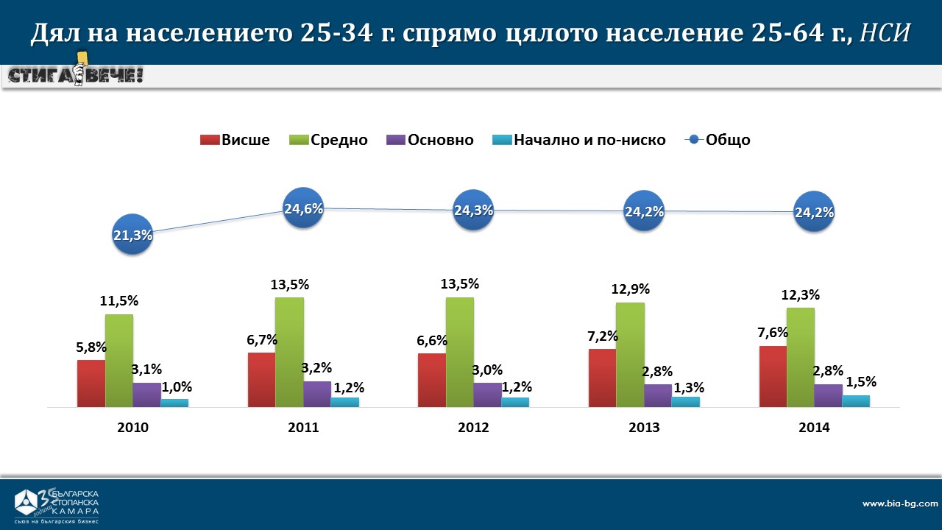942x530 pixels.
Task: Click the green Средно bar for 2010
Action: click(x=119, y=361)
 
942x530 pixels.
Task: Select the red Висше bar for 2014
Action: click(x=773, y=376)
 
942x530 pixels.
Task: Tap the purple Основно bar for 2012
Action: click(x=487, y=395)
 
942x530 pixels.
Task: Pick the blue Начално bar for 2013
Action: click(x=686, y=402)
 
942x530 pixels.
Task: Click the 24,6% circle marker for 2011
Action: click(x=304, y=208)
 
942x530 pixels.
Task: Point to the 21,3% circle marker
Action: click(x=133, y=236)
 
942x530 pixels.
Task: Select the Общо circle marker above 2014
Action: click(x=814, y=213)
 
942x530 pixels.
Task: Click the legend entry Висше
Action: click(x=235, y=140)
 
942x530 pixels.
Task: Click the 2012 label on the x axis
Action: click(x=473, y=428)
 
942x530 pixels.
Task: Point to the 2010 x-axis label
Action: click(x=132, y=428)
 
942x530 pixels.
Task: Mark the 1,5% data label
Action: click(x=861, y=382)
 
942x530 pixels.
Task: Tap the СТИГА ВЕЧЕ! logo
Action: click(x=75, y=74)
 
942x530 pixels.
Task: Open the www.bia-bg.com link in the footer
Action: click(x=899, y=504)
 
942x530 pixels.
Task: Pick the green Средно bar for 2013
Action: click(x=630, y=355)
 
